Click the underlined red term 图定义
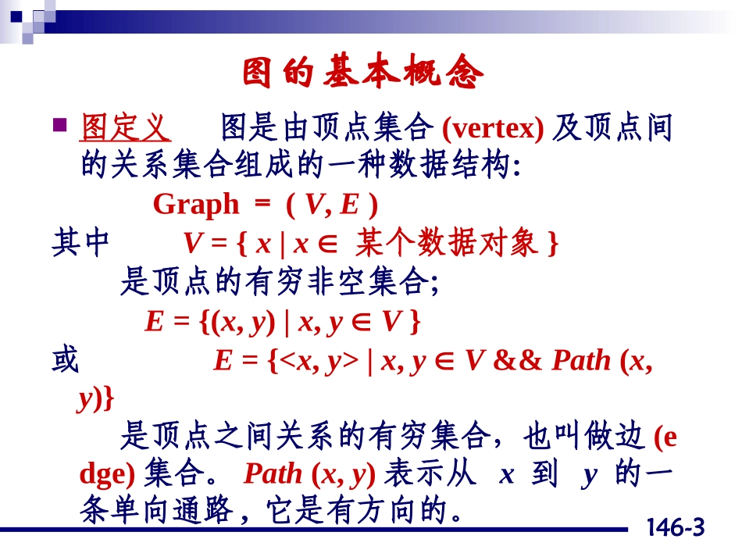click(125, 127)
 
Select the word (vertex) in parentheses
click(492, 127)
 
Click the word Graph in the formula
click(196, 205)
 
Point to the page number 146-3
click(675, 529)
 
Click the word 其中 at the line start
click(80, 245)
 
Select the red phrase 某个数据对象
click(446, 245)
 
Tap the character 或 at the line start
click(66, 360)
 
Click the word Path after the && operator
click(581, 360)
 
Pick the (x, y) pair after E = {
click(242, 321)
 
